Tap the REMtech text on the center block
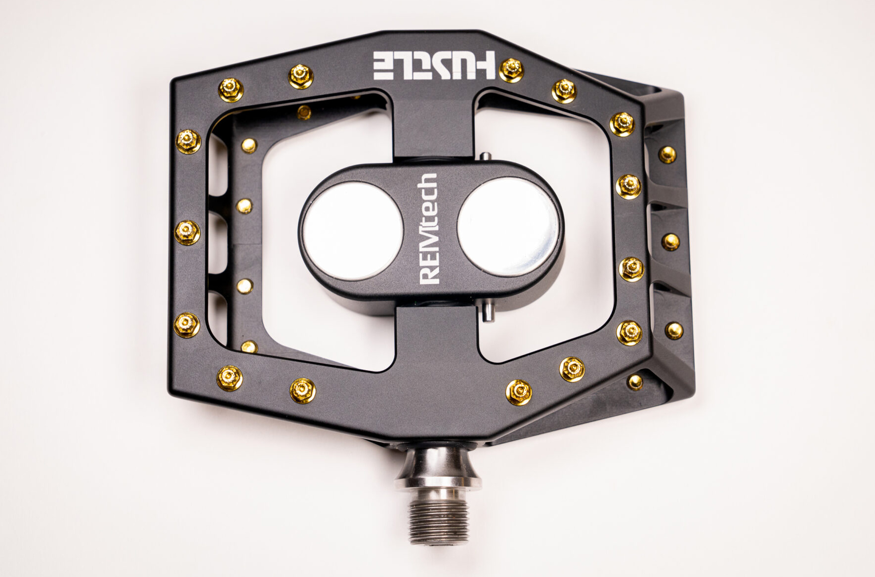pyautogui.click(x=428, y=229)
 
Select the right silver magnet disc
pyautogui.click(x=508, y=225)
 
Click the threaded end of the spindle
pyautogui.click(x=438, y=518)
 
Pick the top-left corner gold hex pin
pyautogui.click(x=230, y=89)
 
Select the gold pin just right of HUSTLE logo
pyautogui.click(x=511, y=70)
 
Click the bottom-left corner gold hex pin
pyautogui.click(x=230, y=377)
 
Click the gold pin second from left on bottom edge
pyautogui.click(x=302, y=390)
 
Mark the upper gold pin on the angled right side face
pyautogui.click(x=667, y=154)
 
